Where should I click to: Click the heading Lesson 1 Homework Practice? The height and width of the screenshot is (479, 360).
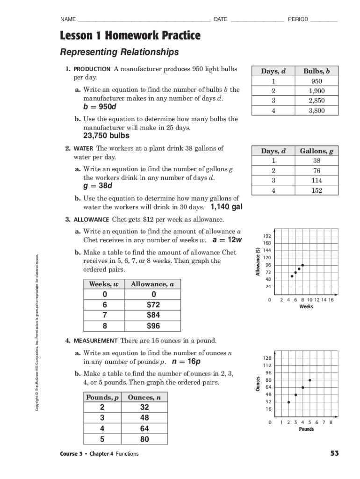pos(130,35)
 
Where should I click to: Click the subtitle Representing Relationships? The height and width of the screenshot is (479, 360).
pos(119,51)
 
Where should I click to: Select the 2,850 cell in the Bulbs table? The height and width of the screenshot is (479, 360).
pos(316,101)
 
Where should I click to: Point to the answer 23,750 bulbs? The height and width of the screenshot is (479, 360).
pos(106,136)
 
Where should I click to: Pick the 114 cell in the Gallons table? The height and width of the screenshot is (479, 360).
pos(317,181)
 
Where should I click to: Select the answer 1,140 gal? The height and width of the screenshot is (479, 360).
pos(226,207)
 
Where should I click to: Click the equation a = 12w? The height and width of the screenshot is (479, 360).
pos(227,240)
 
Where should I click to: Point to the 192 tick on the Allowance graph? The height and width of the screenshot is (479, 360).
pos(267,236)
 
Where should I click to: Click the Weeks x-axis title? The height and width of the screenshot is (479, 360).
pos(306,307)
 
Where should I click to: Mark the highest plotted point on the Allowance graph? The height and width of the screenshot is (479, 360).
pos(302,265)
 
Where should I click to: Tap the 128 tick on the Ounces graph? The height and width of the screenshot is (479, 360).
pos(267,358)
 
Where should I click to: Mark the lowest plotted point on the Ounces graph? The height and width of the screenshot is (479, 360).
pos(288,402)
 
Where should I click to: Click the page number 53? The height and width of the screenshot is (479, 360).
pos(334,453)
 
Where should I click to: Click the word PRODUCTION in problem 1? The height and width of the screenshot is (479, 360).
pos(91,69)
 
